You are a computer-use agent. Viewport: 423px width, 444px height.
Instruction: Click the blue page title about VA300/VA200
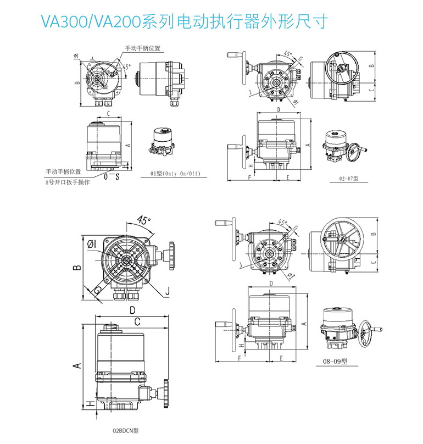185,22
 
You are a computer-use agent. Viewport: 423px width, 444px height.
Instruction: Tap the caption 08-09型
337,361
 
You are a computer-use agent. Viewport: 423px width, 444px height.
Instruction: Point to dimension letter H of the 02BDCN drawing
88,404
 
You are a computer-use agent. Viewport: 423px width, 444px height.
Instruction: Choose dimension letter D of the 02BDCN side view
132,310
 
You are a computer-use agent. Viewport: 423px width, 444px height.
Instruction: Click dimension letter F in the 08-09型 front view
240,358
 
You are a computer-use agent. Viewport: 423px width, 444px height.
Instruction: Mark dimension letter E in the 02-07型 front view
288,177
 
